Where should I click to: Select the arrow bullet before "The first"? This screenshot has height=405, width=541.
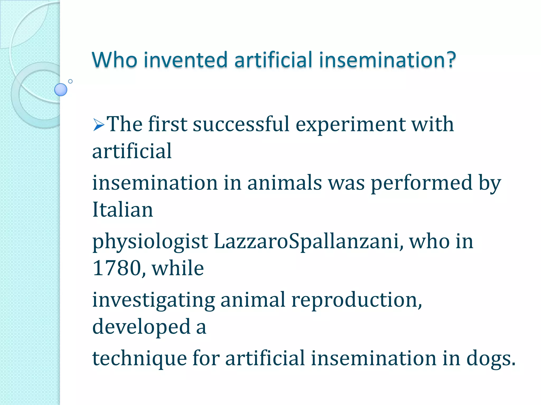[x=99, y=124]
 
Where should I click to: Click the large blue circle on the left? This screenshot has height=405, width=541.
[x=61, y=90]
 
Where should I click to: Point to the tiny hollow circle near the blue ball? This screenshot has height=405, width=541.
[x=70, y=81]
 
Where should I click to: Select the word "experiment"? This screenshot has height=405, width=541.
[x=351, y=124]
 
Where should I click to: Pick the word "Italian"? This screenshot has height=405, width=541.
[x=123, y=210]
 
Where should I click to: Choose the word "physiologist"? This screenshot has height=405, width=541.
[x=150, y=242]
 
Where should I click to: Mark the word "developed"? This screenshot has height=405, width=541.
[x=141, y=327]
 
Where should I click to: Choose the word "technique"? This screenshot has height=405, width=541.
[x=139, y=359]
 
